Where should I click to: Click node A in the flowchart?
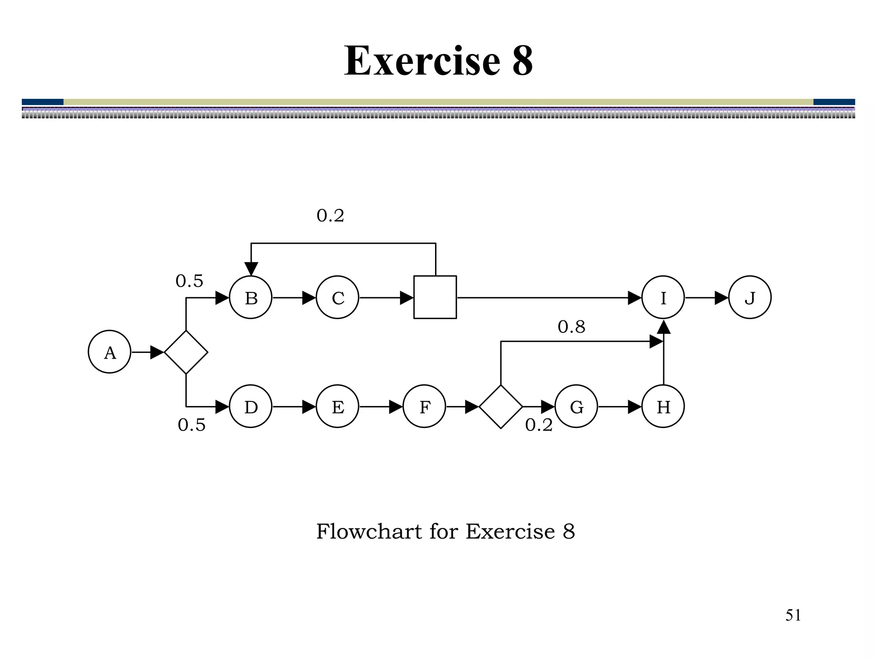tap(110, 352)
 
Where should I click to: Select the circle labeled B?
tap(251, 297)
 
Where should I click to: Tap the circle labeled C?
tap(337, 297)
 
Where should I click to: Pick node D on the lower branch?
tap(251, 406)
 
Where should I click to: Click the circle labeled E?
tap(337, 406)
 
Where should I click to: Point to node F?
tap(424, 406)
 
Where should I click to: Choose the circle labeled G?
tap(576, 406)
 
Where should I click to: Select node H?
tap(663, 406)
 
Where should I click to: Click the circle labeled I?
tap(663, 297)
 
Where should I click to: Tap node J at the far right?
tap(750, 297)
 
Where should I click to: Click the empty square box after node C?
tap(435, 297)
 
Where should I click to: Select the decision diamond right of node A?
tap(186, 352)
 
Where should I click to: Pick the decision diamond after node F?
tap(501, 407)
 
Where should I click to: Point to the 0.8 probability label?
tap(571, 327)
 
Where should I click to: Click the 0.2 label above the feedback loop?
tap(330, 215)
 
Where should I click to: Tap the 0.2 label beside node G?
tap(539, 425)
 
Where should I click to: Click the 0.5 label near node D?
tap(191, 425)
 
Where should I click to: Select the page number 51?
tap(793, 615)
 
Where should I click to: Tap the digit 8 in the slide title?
tap(522, 61)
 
